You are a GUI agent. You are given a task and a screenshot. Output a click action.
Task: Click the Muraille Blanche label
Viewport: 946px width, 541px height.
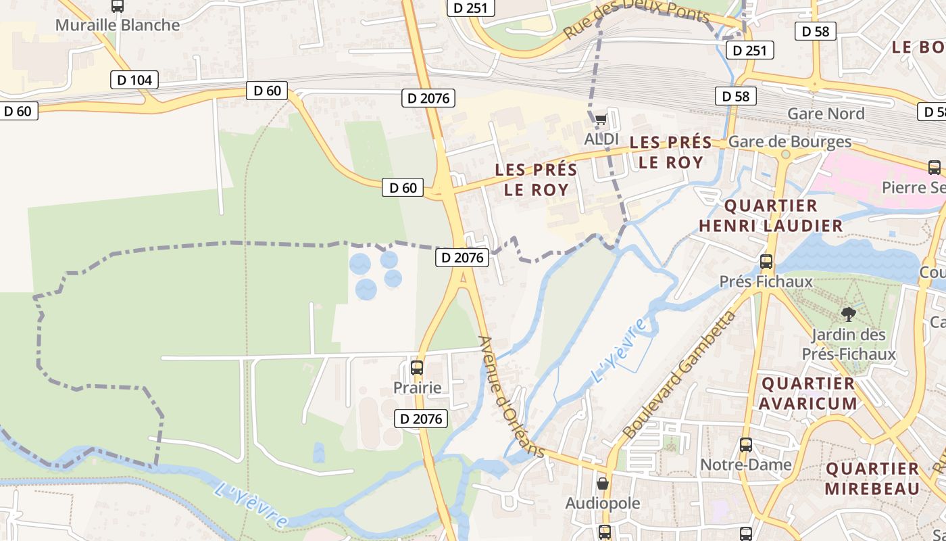[x=118, y=25]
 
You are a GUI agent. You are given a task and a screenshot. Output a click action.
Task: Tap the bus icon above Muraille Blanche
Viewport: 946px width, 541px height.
[x=118, y=6]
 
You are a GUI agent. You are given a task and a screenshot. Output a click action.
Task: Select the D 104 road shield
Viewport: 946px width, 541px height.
[x=134, y=80]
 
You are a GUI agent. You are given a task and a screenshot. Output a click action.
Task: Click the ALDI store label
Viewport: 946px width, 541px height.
[x=601, y=139]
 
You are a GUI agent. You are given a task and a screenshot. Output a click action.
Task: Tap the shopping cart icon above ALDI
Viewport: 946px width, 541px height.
[x=601, y=120]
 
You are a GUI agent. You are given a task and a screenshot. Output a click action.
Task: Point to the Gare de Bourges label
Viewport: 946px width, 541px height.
[x=790, y=141]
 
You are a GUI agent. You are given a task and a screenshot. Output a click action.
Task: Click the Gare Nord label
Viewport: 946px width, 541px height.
[x=826, y=114]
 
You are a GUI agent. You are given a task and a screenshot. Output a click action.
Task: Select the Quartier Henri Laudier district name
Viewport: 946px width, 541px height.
[x=771, y=215]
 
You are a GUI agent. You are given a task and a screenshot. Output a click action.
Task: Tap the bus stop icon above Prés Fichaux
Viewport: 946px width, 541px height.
[x=766, y=261]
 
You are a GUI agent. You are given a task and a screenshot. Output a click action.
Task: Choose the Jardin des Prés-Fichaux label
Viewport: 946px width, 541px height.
[x=849, y=344]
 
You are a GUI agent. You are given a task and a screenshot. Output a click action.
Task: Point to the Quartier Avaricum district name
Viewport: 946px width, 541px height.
[x=808, y=394]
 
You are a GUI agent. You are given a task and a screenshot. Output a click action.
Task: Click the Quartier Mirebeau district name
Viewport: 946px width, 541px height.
[x=873, y=478]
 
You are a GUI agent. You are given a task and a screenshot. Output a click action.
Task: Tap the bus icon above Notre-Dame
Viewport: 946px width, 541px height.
[x=746, y=445]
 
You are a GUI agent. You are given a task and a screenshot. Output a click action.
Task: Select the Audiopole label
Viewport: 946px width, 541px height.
[x=603, y=503]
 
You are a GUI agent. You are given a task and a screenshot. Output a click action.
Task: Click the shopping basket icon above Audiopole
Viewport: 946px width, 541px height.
[x=603, y=484]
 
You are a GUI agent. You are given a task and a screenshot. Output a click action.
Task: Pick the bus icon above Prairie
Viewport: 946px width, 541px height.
[x=417, y=368]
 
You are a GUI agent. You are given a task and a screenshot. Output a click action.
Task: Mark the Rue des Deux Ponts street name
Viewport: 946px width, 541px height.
[x=636, y=20]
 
